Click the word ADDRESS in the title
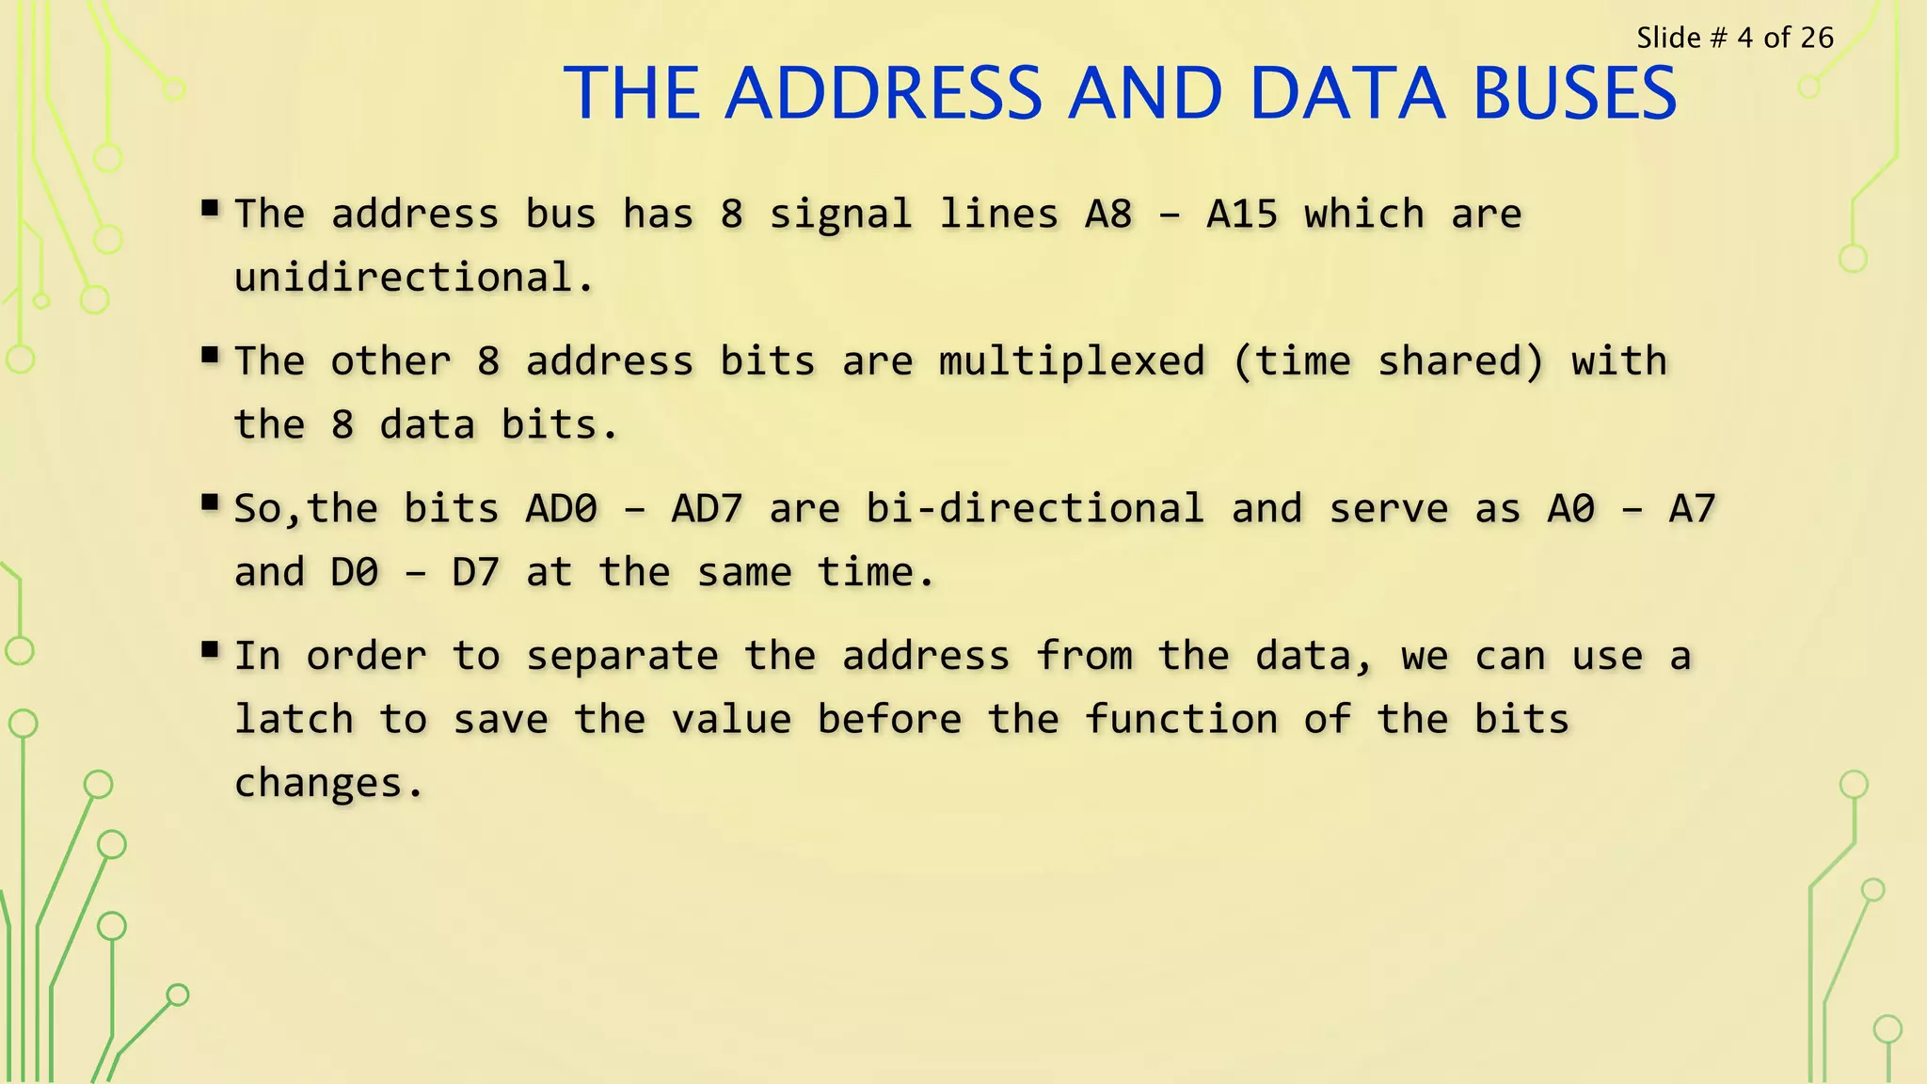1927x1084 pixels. (884, 93)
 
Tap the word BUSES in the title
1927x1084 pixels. (1574, 93)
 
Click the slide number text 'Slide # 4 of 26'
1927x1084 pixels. (1734, 38)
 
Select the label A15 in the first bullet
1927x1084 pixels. (1242, 215)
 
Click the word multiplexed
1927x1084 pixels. (1072, 361)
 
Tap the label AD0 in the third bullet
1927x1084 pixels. (561, 509)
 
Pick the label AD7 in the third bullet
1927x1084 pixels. (708, 509)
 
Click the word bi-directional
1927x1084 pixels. (1035, 509)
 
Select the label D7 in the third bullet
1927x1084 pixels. (475, 572)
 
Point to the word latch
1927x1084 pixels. (294, 720)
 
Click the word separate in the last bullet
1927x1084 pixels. (622, 656)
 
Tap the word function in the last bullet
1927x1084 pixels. (1181, 720)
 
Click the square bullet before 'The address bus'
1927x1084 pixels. (210, 207)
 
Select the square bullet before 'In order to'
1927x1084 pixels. (210, 648)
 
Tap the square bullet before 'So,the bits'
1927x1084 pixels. (210, 502)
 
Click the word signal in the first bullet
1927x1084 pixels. (840, 215)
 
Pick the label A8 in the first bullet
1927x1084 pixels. (1108, 215)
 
